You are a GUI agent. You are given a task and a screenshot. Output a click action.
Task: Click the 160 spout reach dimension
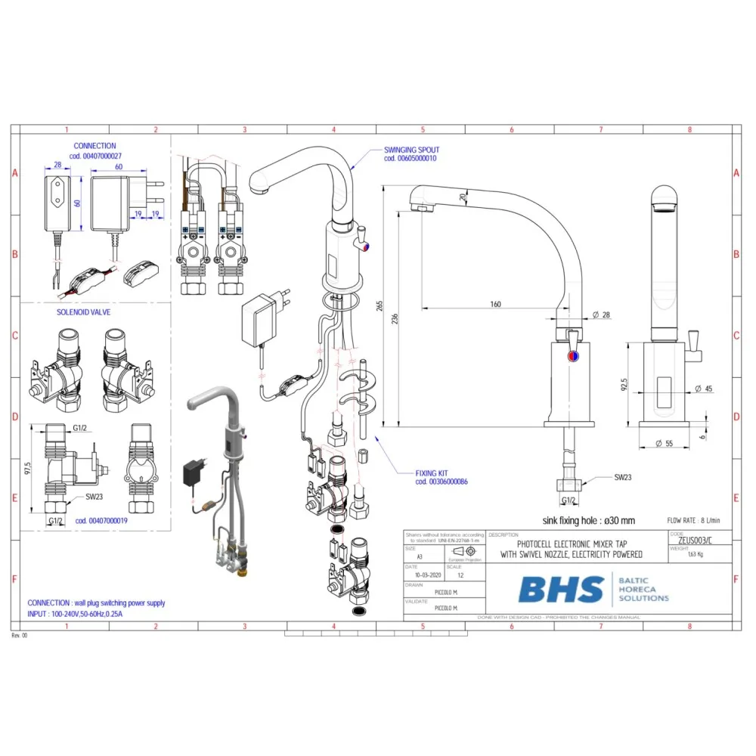[495, 305]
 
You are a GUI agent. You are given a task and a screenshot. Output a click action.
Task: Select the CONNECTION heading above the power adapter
[94, 145]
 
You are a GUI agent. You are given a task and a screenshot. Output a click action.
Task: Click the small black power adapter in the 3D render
[192, 473]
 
